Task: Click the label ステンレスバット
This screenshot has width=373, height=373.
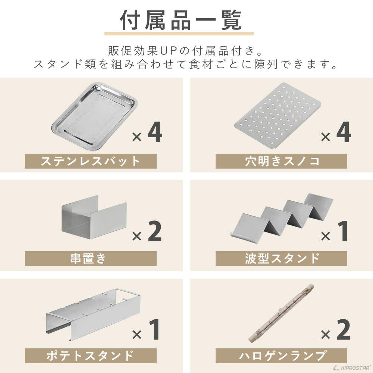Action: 91,161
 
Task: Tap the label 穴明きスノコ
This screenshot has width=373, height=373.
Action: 281,161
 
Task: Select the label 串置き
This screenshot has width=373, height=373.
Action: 91,258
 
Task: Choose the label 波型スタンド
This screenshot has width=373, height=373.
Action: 281,258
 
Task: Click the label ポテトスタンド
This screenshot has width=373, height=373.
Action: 91,355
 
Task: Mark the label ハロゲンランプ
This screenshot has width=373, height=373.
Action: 281,355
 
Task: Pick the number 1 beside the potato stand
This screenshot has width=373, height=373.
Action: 154,329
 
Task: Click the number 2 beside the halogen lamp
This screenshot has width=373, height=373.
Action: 343,329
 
